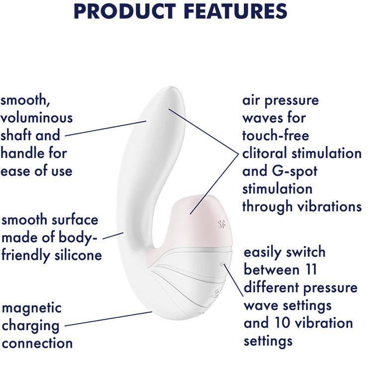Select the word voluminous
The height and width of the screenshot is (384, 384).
[x=36, y=118]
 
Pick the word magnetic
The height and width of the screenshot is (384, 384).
[x=32, y=307]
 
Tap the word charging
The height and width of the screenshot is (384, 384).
[x=30, y=325]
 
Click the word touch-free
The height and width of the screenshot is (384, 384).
[x=276, y=135]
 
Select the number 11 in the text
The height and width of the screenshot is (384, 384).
[x=310, y=270]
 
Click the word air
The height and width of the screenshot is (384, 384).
[x=251, y=100]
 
